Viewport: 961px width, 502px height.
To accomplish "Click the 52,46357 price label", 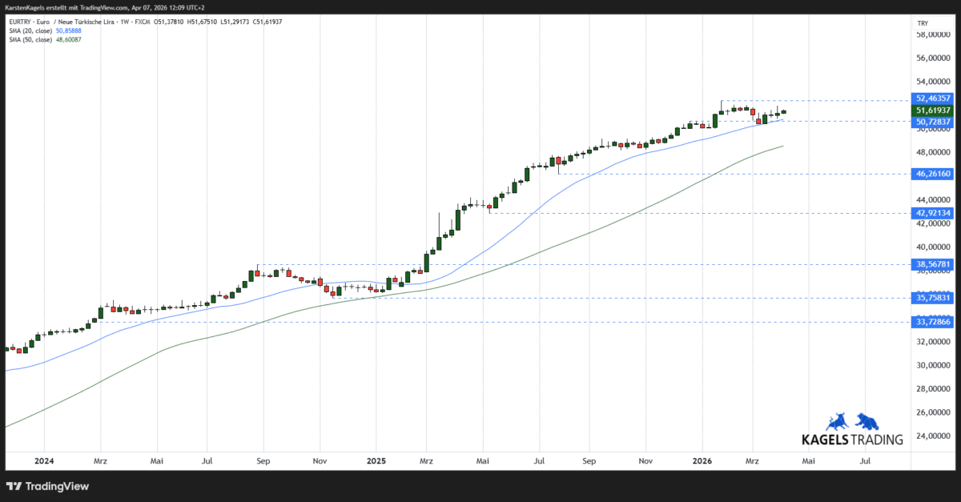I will point(933,98).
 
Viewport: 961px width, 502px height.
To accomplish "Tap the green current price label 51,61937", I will point(933,110).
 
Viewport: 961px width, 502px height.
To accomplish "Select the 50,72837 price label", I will point(933,122).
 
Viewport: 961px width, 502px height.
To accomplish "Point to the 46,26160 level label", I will point(933,173).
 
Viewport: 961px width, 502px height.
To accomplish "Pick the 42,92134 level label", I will point(933,213).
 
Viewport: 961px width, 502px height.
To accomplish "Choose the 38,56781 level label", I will point(933,264).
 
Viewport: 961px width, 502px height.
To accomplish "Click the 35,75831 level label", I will point(933,298).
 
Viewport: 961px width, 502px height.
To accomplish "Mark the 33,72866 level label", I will point(933,322).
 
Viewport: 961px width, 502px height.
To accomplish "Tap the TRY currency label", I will point(923,23).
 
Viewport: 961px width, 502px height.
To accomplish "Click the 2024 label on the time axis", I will point(44,461).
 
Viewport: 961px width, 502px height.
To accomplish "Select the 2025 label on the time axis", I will point(376,461).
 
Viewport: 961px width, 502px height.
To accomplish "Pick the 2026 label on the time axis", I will point(702,461).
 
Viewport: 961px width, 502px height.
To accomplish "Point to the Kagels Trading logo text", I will point(852,439).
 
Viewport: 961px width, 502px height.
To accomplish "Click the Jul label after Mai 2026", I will point(866,461).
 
